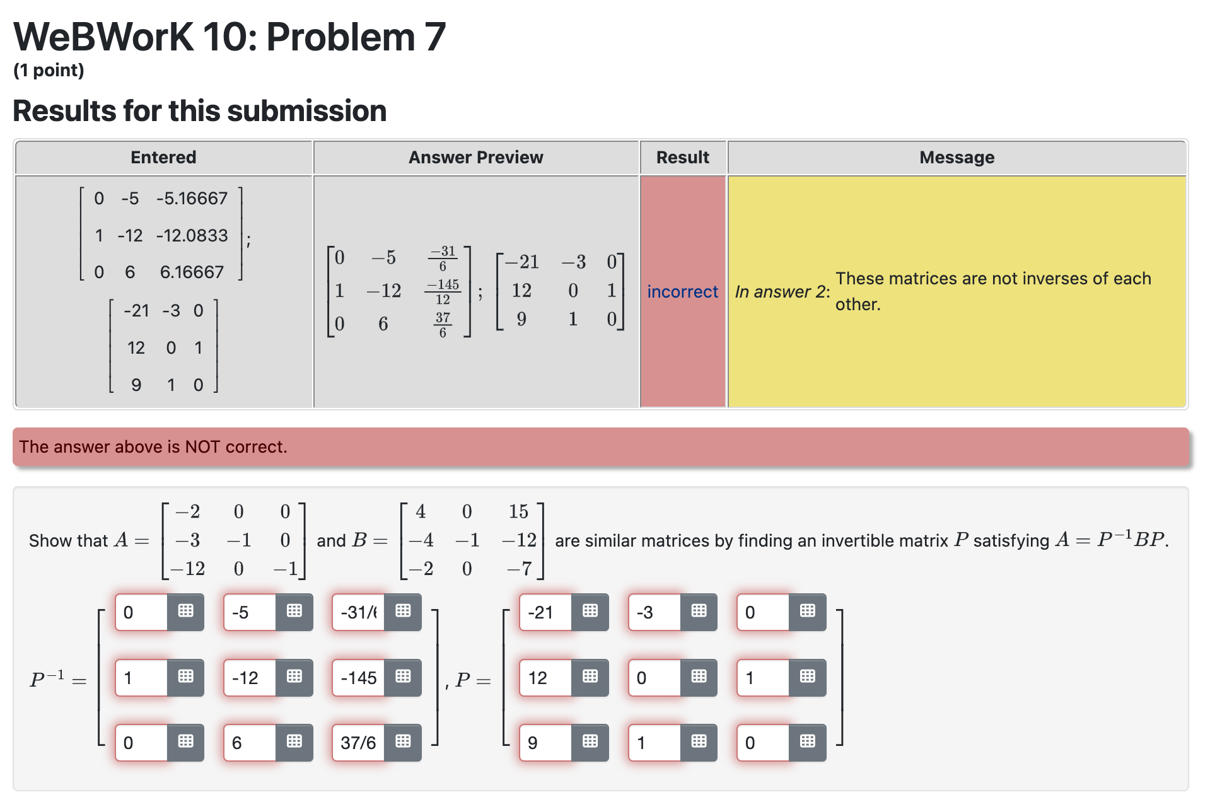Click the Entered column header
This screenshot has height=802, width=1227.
[x=163, y=157]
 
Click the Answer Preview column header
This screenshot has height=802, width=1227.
[x=475, y=157]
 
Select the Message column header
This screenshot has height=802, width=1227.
[x=957, y=157]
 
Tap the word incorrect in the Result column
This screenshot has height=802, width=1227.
[x=682, y=291]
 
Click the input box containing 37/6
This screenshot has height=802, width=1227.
[x=358, y=743]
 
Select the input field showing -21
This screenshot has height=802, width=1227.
[x=545, y=612]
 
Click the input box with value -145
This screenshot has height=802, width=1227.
[x=358, y=678]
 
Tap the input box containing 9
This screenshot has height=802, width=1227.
[x=545, y=743]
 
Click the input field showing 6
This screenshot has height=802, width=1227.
[x=249, y=743]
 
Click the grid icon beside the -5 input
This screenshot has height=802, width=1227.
[x=294, y=611]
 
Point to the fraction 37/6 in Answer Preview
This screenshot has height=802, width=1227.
[x=443, y=324]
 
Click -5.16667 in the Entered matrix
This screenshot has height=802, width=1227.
[x=192, y=199]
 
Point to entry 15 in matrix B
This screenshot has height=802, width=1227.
[x=518, y=511]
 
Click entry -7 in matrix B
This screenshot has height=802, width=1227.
[x=519, y=569]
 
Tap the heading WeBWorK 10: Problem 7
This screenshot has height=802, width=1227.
[x=230, y=37]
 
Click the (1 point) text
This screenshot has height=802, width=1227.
[x=49, y=70]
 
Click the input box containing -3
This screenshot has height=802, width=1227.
[x=653, y=612]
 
